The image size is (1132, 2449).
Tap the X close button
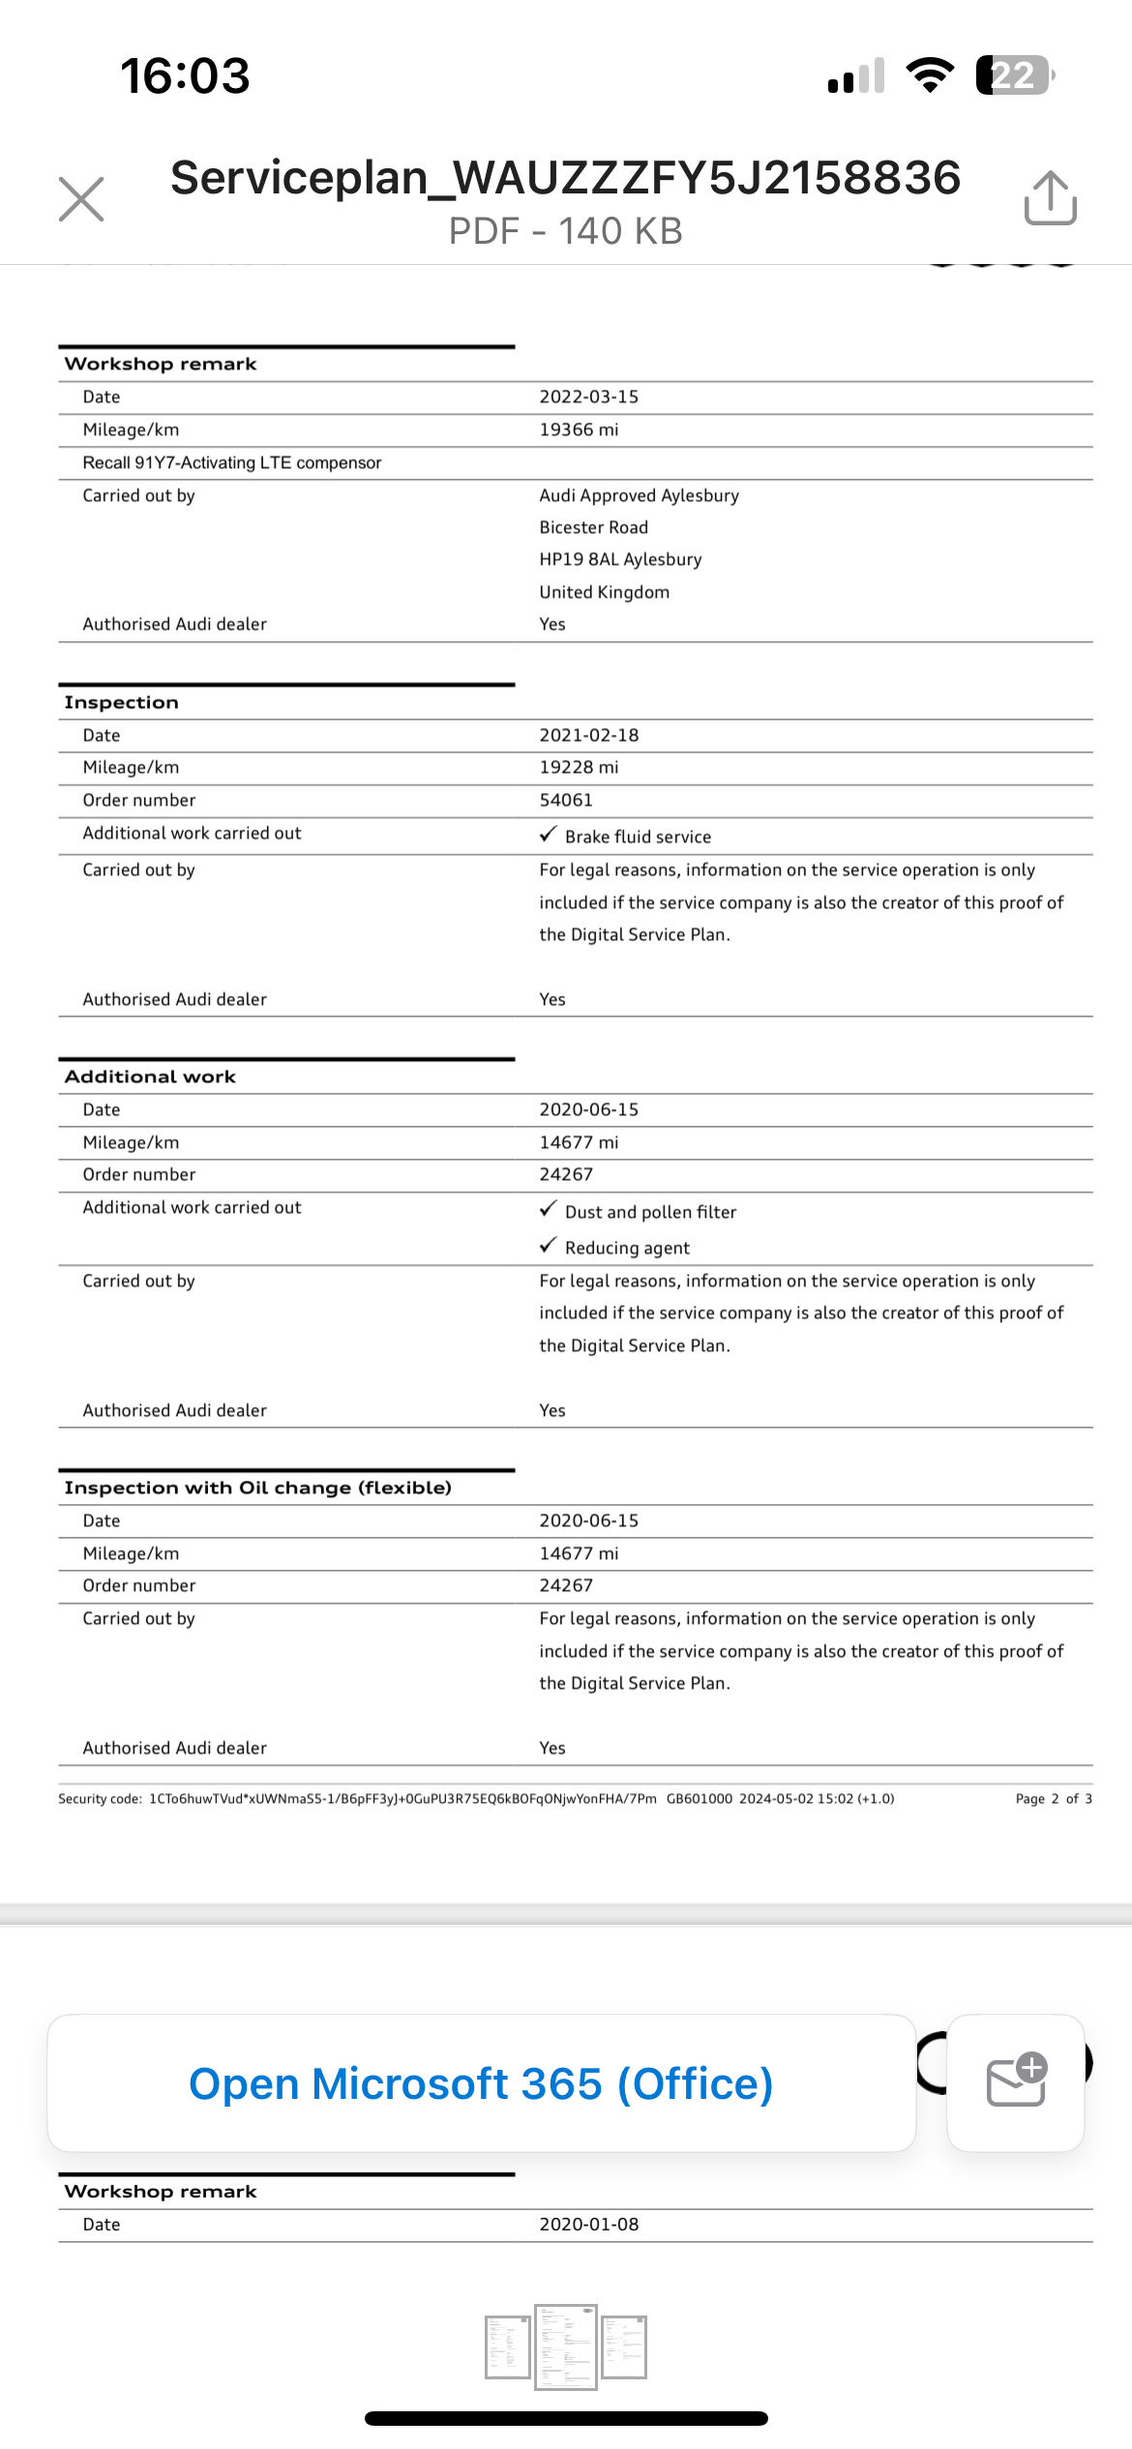[x=81, y=199]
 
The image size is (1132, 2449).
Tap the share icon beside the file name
[x=1050, y=198]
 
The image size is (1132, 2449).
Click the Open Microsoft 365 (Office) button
[x=481, y=2083]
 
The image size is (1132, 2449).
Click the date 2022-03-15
[x=588, y=397]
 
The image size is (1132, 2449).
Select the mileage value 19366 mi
[x=579, y=429]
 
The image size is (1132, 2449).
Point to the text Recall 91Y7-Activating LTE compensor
[x=232, y=462]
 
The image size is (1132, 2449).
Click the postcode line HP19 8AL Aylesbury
[x=620, y=559]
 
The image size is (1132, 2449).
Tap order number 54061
[x=566, y=800]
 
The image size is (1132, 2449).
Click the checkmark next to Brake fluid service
[x=549, y=834]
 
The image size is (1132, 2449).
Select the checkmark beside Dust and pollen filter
[x=549, y=1209]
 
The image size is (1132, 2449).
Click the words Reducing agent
[x=627, y=1248]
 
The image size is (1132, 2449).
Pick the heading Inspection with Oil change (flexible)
[x=257, y=1488]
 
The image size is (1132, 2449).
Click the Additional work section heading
[x=150, y=1077]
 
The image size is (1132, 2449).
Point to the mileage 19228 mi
[x=579, y=767]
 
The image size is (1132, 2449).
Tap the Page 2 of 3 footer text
[x=1054, y=1798]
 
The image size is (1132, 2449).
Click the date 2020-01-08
[x=588, y=2224]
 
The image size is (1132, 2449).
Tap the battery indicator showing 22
[x=1013, y=75]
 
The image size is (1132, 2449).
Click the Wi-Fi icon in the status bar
[x=930, y=75]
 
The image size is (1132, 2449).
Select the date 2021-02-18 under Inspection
[x=588, y=735]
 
